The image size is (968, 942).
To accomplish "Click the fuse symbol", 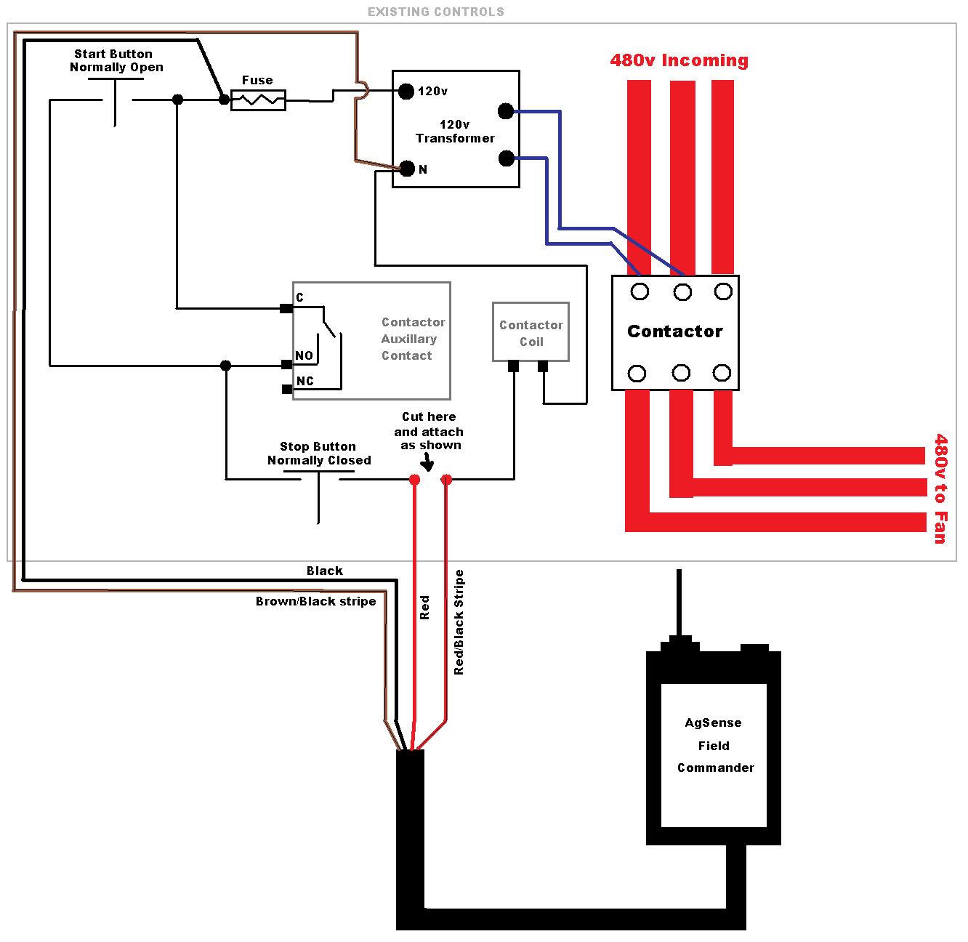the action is pyautogui.click(x=258, y=100).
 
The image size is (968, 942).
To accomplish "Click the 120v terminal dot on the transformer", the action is pyautogui.click(x=406, y=91).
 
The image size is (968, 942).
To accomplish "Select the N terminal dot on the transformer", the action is pyautogui.click(x=408, y=169).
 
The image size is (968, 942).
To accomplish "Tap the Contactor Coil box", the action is pyautogui.click(x=531, y=331).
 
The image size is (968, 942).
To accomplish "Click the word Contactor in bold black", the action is pyautogui.click(x=675, y=331).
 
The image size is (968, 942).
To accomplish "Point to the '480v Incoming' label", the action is pyautogui.click(x=679, y=60).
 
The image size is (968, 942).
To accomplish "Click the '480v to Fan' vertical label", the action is pyautogui.click(x=940, y=488).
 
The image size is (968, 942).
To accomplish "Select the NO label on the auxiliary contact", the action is pyautogui.click(x=304, y=355).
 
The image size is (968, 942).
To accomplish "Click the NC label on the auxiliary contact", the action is pyautogui.click(x=305, y=381).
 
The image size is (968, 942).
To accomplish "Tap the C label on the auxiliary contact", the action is pyautogui.click(x=299, y=297).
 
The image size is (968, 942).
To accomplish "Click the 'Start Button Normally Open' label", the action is pyautogui.click(x=116, y=60).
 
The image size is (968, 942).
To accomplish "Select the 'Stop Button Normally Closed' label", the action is pyautogui.click(x=319, y=453).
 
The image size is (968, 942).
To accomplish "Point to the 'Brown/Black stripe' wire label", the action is pyautogui.click(x=316, y=601).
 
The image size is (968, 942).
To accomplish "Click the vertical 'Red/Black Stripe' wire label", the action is pyautogui.click(x=459, y=622).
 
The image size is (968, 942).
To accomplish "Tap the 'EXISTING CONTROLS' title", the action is pyautogui.click(x=436, y=12).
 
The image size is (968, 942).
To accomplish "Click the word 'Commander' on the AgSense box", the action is pyautogui.click(x=715, y=768).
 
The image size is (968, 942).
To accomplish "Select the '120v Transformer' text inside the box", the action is pyautogui.click(x=455, y=132).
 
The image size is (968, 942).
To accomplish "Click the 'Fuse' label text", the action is pyautogui.click(x=257, y=80).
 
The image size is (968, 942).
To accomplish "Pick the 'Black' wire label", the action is pyautogui.click(x=324, y=571).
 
